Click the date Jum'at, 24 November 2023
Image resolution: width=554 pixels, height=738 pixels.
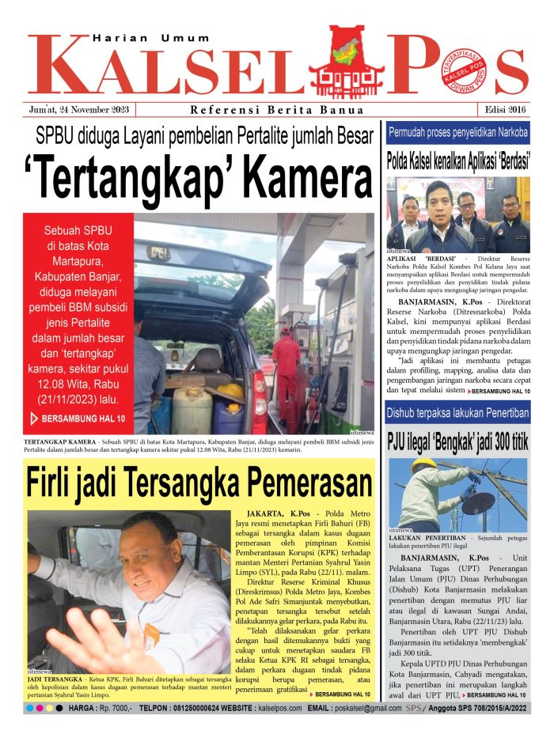[82, 110]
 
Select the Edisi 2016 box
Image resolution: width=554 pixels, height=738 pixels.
[502, 110]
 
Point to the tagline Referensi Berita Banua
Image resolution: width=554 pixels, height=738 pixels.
[277, 110]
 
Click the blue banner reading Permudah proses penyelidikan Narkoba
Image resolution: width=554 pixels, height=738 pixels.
[457, 133]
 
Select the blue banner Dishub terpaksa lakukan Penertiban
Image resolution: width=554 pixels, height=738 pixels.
[457, 413]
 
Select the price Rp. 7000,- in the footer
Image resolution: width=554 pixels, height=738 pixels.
[114, 708]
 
